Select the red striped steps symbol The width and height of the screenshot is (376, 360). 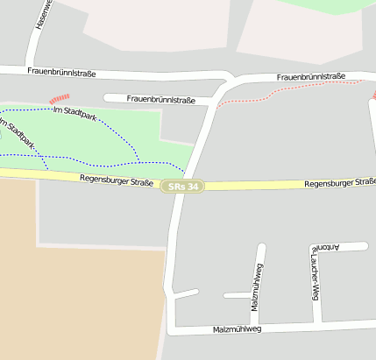click(x=59, y=99)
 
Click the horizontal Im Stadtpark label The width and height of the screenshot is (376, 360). click(x=75, y=111)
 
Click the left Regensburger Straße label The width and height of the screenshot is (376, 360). click(x=116, y=181)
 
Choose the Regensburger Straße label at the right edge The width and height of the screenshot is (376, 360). click(x=338, y=184)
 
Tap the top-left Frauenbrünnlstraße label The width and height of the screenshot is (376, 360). click(x=61, y=73)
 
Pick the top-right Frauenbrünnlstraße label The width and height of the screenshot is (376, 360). click(x=310, y=77)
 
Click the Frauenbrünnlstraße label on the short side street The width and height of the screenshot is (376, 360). click(x=160, y=99)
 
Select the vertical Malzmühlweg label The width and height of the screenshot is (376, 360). click(x=256, y=290)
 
